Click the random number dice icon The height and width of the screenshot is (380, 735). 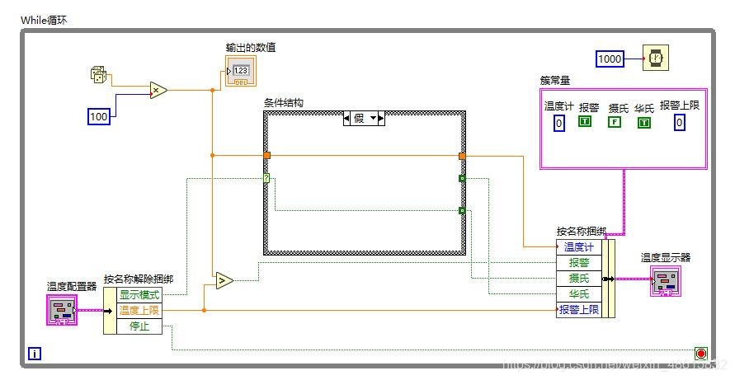point(98,77)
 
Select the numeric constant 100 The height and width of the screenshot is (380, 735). point(99,117)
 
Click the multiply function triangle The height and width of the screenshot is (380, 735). point(158,90)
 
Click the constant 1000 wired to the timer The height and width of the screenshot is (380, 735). point(610,59)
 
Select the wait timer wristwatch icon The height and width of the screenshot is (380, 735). point(656,59)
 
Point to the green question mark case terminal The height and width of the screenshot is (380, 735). point(266,177)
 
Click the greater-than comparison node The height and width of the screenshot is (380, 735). point(224,281)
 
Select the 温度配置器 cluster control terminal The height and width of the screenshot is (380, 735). point(62,310)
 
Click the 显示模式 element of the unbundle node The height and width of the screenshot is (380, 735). point(140,295)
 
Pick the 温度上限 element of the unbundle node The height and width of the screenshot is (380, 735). point(140,311)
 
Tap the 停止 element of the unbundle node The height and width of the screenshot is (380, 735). point(140,326)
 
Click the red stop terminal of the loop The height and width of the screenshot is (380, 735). point(701,354)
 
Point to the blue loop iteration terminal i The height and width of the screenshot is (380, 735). point(35,354)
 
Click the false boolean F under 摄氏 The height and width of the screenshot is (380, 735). point(614,123)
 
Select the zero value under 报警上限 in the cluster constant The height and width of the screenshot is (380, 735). point(679,123)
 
